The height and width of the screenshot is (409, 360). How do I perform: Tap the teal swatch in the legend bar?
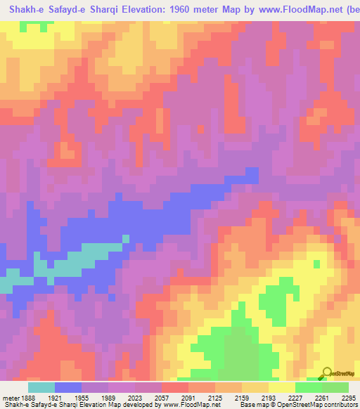point(41,387)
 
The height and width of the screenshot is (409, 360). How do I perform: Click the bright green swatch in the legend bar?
point(309,387)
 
